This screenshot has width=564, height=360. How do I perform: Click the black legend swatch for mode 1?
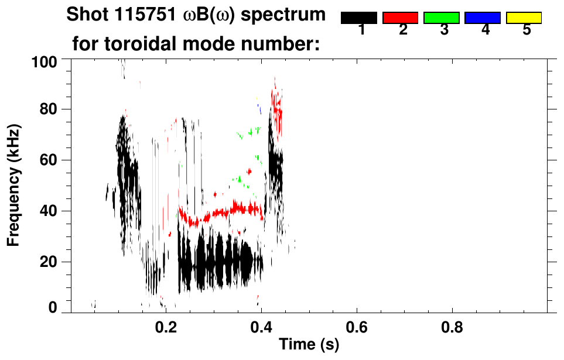click(358, 18)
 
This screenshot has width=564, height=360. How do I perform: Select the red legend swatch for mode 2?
click(400, 18)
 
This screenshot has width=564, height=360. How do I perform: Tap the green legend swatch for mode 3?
click(441, 18)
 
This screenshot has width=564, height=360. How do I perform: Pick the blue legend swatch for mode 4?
click(482, 18)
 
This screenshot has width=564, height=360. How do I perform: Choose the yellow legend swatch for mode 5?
click(524, 18)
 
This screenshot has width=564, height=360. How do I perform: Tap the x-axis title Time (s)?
click(309, 344)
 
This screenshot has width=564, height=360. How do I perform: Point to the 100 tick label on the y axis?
click(45, 60)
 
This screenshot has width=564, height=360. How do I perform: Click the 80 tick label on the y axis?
click(49, 109)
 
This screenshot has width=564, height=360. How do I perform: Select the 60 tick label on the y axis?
click(49, 160)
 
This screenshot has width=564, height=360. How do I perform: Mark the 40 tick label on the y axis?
click(49, 211)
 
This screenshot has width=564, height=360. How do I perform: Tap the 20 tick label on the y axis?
click(49, 262)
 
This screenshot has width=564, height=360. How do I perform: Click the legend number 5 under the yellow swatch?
click(527, 30)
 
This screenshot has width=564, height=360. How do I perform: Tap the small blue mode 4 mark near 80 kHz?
click(259, 109)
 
